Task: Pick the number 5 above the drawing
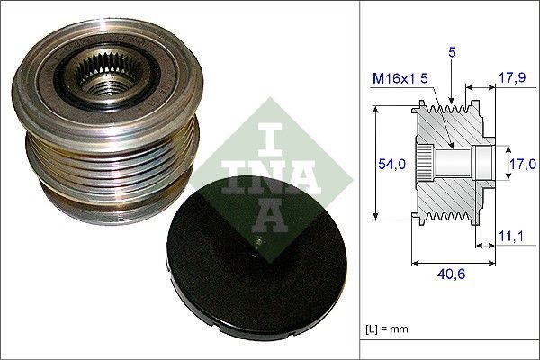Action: [451, 54]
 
